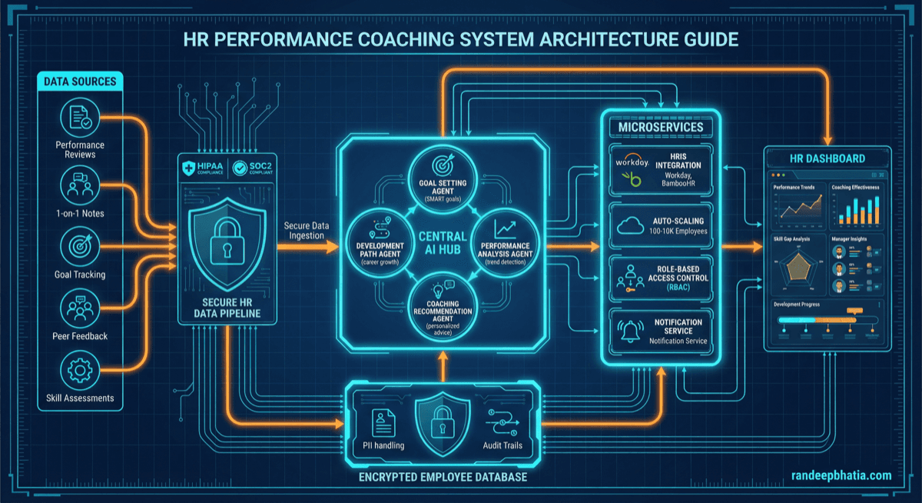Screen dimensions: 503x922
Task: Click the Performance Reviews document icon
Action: [80, 118]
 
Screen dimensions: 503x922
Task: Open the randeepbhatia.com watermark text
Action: [841, 476]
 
